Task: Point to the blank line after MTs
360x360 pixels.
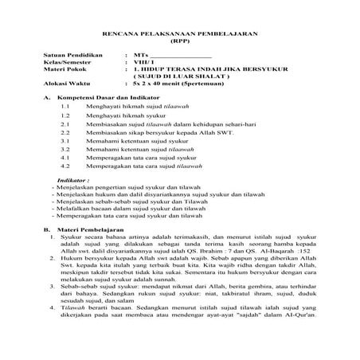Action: tap(181, 57)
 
